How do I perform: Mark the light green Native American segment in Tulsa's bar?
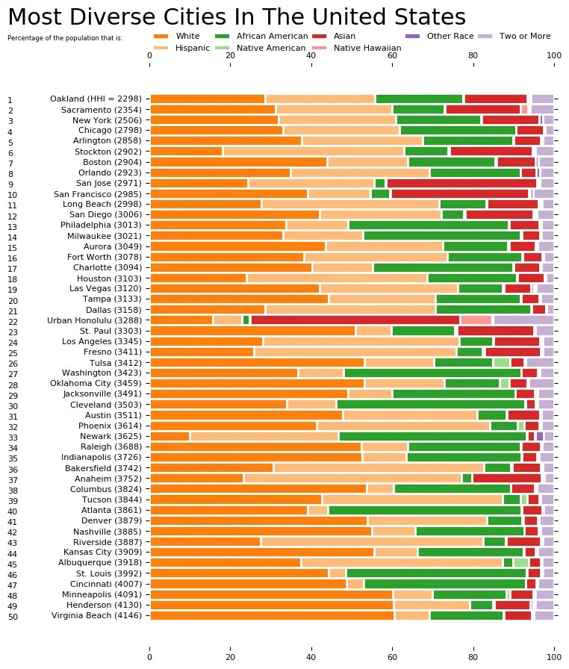[x=501, y=362]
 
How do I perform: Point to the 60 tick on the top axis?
[x=393, y=55]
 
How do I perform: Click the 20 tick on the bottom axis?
[x=231, y=657]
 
